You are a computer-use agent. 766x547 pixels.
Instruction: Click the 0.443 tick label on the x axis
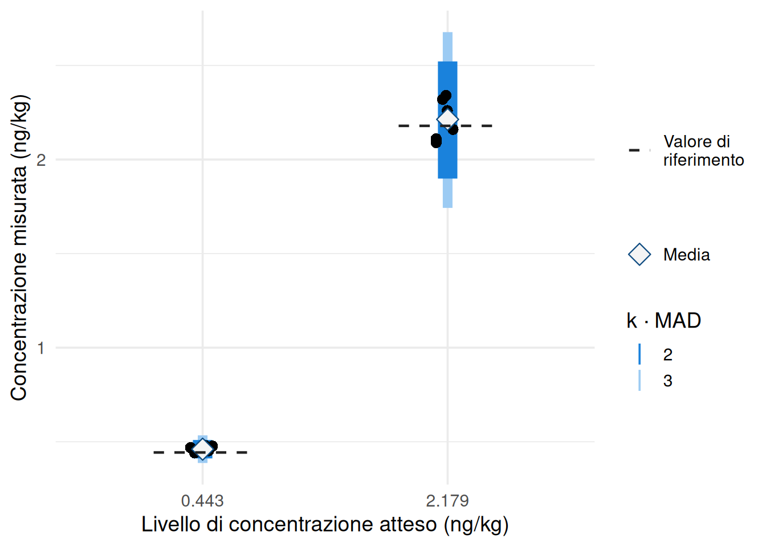tap(202, 501)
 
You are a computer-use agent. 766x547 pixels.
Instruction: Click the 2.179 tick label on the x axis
tap(447, 501)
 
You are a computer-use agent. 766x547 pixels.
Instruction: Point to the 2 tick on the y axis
tap(41, 160)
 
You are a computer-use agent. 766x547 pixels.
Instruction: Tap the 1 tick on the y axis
tap(41, 348)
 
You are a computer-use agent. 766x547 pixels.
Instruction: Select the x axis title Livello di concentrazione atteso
tap(325, 524)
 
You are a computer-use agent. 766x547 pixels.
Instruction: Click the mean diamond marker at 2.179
tap(447, 119)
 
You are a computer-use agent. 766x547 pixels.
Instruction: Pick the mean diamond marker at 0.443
tap(202, 449)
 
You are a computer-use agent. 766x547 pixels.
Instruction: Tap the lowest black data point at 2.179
tap(436, 141)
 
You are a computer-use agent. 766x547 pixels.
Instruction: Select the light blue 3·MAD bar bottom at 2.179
tap(447, 205)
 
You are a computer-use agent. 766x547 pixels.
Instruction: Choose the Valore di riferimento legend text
tap(703, 150)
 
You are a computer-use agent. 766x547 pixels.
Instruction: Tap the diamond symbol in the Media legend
tap(639, 254)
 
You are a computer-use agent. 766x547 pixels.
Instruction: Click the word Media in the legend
tap(686, 255)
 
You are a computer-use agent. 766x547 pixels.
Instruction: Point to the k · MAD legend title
tap(663, 321)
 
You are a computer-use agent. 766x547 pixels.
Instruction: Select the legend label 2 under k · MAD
tap(668, 354)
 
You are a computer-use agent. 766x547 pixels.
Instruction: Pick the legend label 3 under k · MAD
tap(668, 381)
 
